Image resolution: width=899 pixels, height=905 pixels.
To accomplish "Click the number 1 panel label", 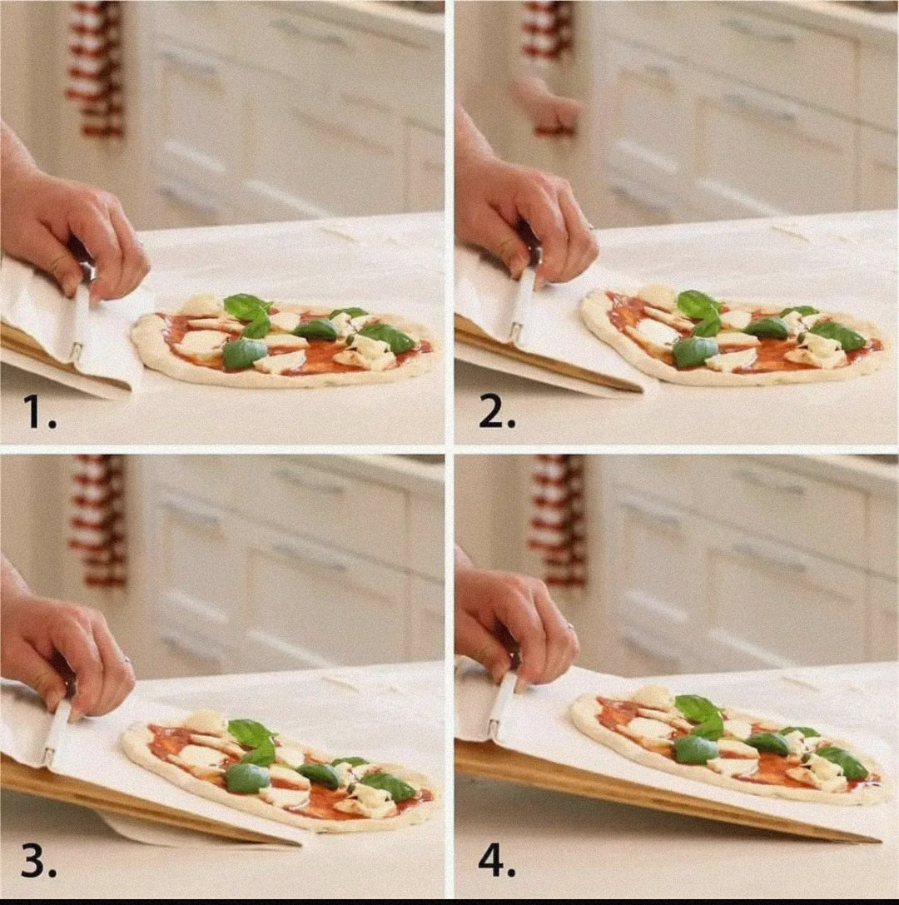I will pyautogui.click(x=39, y=410).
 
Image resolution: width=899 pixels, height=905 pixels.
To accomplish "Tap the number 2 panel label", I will pyautogui.click(x=496, y=410).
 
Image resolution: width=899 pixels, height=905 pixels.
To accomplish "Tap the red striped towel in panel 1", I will pyautogui.click(x=95, y=67).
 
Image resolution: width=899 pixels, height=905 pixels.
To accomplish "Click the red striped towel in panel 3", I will pyautogui.click(x=97, y=520).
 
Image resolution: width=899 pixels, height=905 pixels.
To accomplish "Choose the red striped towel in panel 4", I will pyautogui.click(x=555, y=516).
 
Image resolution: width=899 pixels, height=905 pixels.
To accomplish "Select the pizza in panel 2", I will pyautogui.click(x=733, y=337).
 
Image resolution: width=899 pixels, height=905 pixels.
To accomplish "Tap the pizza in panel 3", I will pyautogui.click(x=279, y=770).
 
